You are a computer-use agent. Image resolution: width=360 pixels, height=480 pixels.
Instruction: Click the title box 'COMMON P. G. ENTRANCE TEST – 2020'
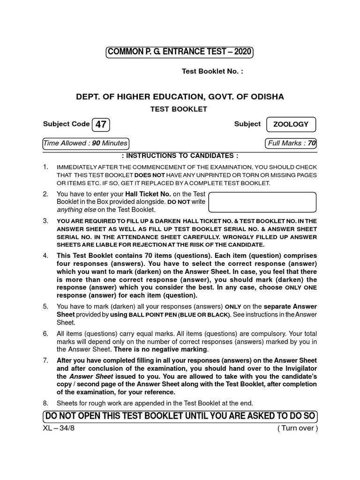click(180, 52)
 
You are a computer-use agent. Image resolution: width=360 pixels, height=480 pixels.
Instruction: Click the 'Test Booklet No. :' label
click(212, 72)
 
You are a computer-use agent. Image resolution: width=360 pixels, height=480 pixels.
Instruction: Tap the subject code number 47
click(101, 125)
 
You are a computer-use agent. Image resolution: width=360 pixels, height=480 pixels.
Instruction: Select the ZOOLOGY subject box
click(291, 125)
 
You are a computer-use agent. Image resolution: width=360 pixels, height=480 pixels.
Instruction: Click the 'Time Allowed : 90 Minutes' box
click(85, 143)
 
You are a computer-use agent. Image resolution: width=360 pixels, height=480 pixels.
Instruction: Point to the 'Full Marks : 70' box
click(291, 143)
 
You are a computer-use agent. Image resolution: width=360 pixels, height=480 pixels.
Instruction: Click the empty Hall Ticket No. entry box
click(262, 202)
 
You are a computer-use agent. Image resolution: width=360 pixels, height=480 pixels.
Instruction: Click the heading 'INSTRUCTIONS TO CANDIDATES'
click(180, 156)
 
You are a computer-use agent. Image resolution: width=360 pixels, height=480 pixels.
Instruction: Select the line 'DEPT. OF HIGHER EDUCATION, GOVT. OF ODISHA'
click(180, 97)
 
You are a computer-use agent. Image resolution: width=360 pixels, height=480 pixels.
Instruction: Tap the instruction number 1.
click(45, 167)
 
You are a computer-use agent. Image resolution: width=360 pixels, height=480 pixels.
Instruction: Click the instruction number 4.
click(45, 256)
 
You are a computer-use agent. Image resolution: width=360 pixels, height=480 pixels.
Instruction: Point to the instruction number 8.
click(45, 403)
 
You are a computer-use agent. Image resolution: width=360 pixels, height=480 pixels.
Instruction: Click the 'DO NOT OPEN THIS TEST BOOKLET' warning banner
click(180, 416)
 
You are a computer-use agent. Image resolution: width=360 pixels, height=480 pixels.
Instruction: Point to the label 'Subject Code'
click(66, 124)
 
